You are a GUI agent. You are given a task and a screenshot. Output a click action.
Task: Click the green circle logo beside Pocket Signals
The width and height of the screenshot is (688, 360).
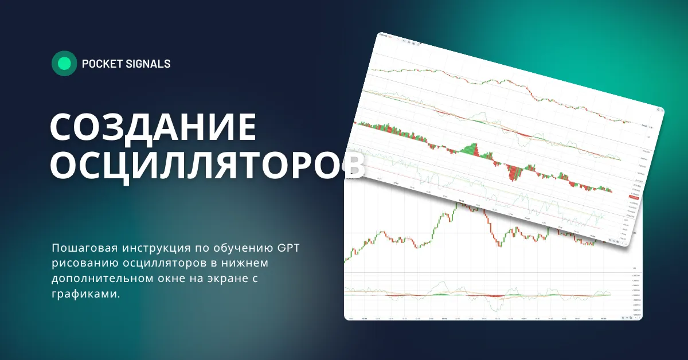click(64, 64)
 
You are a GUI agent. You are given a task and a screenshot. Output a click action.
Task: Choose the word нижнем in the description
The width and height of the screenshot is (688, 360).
click(240, 263)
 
